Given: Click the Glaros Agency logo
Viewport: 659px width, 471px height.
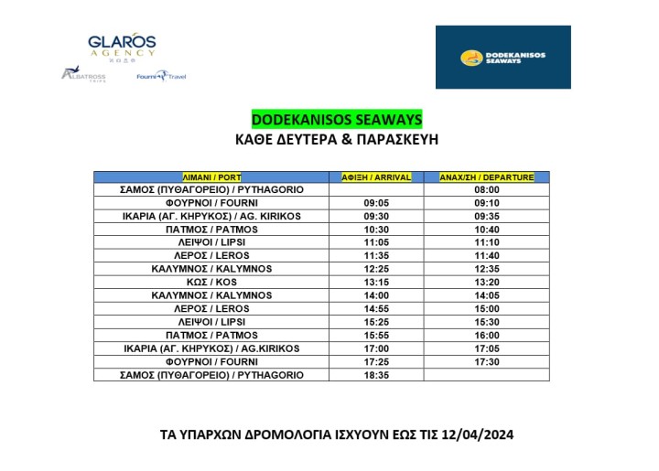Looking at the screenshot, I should [122, 46].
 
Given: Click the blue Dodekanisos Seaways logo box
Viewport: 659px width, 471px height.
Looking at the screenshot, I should [502, 58].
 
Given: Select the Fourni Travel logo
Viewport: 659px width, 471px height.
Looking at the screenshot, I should [160, 76].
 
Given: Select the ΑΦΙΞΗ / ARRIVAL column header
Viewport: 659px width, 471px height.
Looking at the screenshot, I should [376, 177].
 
